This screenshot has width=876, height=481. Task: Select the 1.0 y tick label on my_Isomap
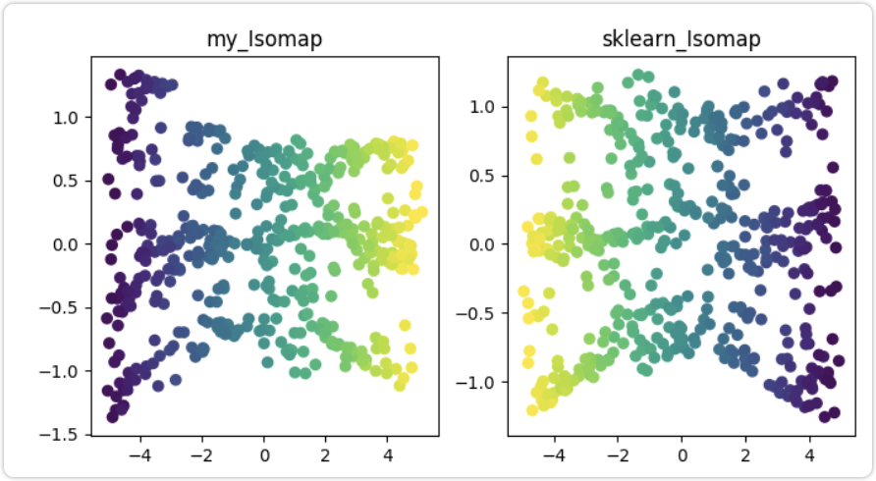pos(70,118)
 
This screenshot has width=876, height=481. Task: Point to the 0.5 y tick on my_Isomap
pos(70,181)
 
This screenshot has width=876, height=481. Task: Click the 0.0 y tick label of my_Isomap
pos(70,244)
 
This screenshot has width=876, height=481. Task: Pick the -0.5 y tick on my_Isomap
pos(66,307)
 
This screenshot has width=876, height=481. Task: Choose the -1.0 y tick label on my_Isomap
pos(66,371)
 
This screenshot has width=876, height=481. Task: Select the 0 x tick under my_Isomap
pos(264,454)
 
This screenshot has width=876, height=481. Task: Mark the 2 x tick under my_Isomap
pos(326,454)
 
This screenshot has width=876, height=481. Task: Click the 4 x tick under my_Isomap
pos(388,454)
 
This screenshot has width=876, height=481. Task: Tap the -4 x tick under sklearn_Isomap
pos(553,454)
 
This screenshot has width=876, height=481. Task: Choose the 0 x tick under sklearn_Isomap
pos(682,454)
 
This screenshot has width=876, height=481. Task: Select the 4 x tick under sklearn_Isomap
pos(809,454)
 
